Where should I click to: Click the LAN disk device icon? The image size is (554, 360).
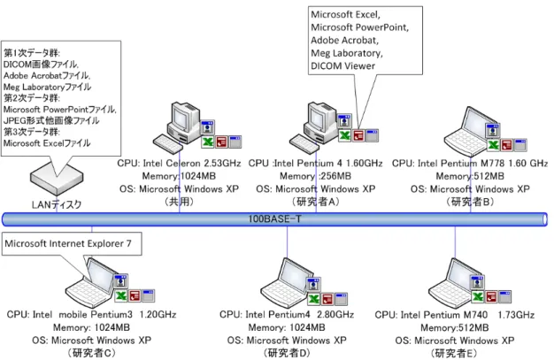(x=57, y=180)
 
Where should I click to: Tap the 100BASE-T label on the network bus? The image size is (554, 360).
(x=274, y=219)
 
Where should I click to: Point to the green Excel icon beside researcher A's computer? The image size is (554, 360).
(x=344, y=135)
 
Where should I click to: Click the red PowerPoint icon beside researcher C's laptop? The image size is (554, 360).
(x=135, y=295)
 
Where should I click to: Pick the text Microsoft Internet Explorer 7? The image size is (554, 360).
(x=68, y=243)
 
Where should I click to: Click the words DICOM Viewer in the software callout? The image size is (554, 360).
(x=342, y=66)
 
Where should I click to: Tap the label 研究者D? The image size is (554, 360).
(x=287, y=353)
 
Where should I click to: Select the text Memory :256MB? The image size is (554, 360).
(x=315, y=176)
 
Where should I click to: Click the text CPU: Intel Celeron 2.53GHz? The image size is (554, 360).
(x=179, y=164)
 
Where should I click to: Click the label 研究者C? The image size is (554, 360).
(x=92, y=353)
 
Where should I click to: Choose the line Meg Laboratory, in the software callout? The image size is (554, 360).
(x=347, y=53)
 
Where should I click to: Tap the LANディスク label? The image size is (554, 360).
(x=57, y=204)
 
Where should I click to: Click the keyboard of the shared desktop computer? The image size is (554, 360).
(x=168, y=143)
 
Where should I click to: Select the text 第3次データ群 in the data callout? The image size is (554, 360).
(x=32, y=132)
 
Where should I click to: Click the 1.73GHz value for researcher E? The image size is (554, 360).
(x=516, y=314)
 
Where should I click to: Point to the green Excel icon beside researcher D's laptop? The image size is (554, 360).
(x=313, y=299)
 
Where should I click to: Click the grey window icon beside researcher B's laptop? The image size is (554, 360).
(x=520, y=145)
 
